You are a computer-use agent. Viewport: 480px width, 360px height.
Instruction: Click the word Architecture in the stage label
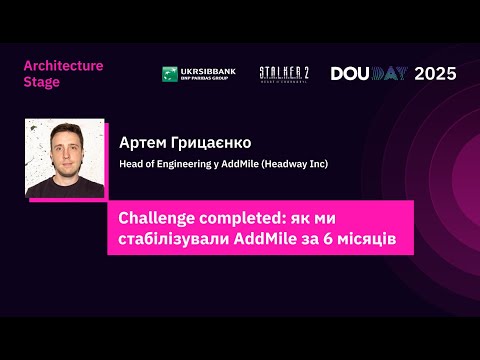point(63,66)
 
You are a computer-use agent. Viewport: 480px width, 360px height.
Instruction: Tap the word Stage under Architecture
point(41,82)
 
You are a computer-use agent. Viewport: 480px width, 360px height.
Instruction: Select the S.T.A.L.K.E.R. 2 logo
point(283,73)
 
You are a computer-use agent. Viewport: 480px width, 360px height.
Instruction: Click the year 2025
point(435,73)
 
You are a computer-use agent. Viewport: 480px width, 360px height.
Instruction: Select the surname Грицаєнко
point(212,142)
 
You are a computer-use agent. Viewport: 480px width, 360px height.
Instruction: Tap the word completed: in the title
point(246,217)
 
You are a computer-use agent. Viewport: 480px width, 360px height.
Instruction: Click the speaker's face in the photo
point(63,147)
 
